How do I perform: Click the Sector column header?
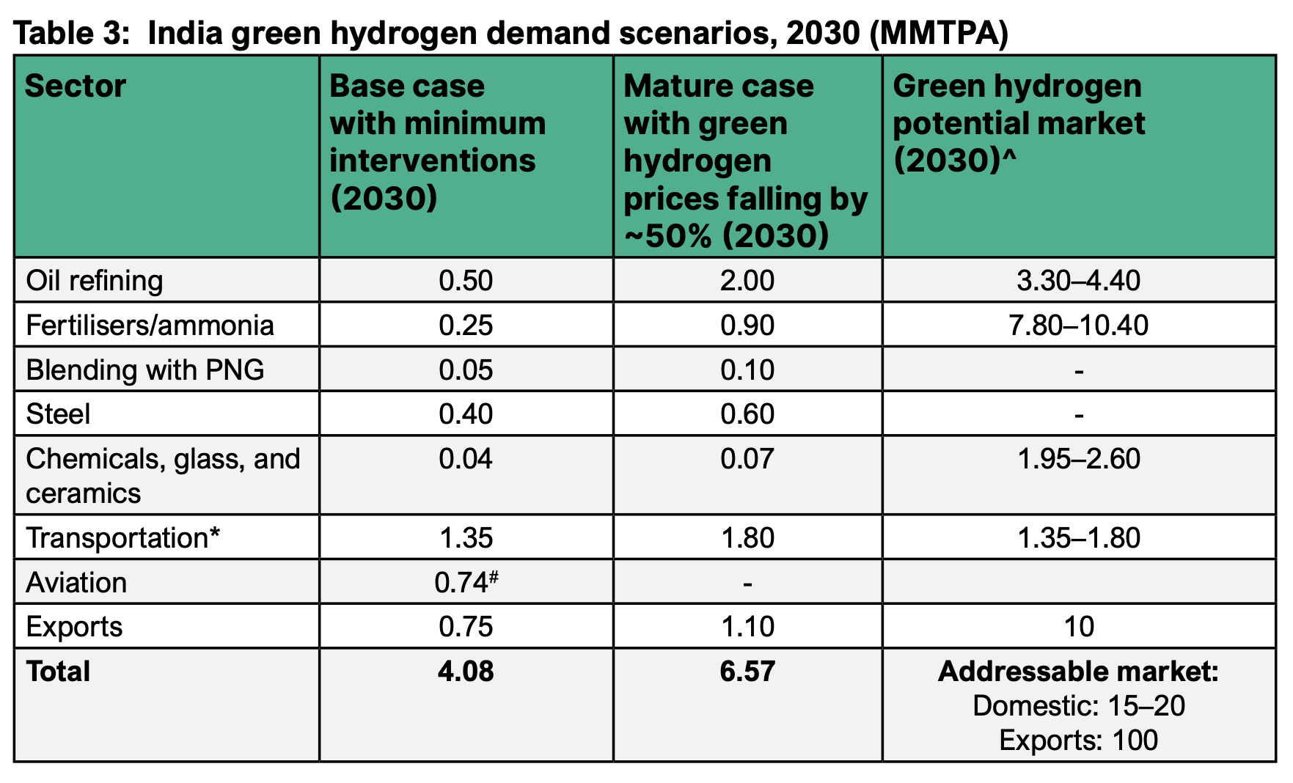(76, 87)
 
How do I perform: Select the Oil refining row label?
(95, 281)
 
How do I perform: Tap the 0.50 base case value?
(466, 281)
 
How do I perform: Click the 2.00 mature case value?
(747, 281)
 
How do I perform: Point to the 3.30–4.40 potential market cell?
(1078, 281)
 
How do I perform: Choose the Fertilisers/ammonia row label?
(150, 326)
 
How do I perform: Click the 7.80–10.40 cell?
(1078, 326)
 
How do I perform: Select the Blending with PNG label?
(145, 370)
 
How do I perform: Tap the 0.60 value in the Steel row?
(747, 415)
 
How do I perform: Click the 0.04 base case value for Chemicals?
(466, 460)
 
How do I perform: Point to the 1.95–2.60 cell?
(1078, 460)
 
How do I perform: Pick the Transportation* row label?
(122, 539)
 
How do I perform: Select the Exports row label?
(74, 628)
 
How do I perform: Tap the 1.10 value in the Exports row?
(747, 628)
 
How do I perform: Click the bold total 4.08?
(466, 672)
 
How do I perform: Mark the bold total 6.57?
(747, 672)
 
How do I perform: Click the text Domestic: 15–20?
(1078, 706)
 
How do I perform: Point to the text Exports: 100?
(1078, 740)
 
